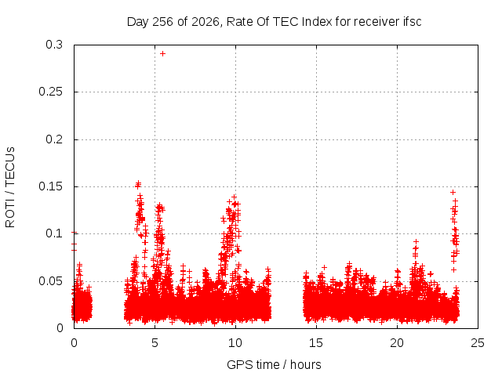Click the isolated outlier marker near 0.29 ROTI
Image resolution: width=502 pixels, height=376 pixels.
[x=162, y=54]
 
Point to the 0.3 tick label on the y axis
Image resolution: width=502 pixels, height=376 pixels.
[x=54, y=45]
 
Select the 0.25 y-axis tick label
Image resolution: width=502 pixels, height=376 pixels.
[x=50, y=92]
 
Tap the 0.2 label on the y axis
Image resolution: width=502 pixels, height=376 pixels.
[x=54, y=139]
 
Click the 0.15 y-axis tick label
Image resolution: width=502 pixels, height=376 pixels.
[x=50, y=186]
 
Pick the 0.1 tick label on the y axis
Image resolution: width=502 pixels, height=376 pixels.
[x=54, y=233]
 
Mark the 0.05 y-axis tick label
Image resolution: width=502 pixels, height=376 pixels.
[x=50, y=281]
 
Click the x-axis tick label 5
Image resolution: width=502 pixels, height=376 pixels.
[x=155, y=343]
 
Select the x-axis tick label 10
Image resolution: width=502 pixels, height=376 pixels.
[x=235, y=343]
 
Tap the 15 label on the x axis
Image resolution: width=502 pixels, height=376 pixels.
[x=316, y=343]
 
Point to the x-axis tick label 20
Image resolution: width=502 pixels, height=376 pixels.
[x=397, y=343]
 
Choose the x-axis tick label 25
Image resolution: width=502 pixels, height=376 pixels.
[x=478, y=343]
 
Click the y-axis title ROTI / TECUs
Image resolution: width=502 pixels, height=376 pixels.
[x=10, y=187]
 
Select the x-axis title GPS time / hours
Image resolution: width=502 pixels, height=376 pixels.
[x=274, y=364]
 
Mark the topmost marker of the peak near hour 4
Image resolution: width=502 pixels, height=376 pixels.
[x=138, y=183]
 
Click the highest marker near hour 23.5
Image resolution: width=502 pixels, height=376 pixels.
[x=453, y=192]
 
